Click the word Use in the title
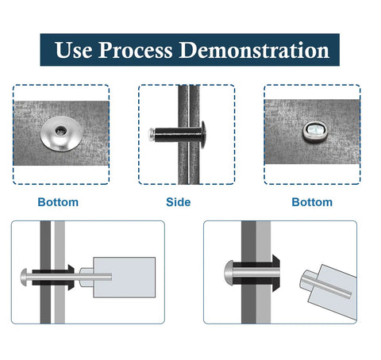(74, 50)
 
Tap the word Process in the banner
(136, 51)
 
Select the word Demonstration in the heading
(254, 50)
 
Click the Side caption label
(179, 202)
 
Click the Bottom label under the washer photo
(58, 202)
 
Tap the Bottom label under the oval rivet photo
(312, 202)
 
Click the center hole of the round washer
(60, 130)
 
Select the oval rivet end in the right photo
(315, 132)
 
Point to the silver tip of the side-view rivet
(151, 135)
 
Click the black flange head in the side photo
(203, 135)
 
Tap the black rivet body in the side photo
(177, 135)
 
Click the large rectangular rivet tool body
(124, 278)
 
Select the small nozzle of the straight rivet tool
(87, 278)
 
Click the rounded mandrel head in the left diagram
(24, 278)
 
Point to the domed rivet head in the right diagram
(229, 272)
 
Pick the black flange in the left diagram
(71, 278)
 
